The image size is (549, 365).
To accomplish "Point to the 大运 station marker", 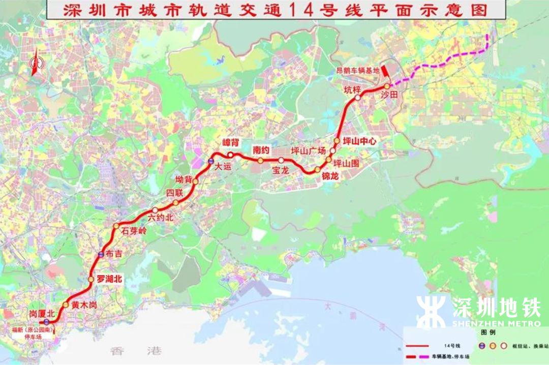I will [x=210, y=162].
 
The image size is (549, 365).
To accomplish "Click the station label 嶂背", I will [x=230, y=142].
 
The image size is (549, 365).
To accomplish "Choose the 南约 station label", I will [x=261, y=150].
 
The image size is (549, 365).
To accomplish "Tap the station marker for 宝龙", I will [x=281, y=160].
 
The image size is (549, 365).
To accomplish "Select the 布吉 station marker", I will [x=101, y=255].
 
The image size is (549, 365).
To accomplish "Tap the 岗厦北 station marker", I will [x=47, y=321].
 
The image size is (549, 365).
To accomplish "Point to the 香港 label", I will [x=135, y=350].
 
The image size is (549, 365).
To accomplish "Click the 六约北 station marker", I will [x=155, y=210].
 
